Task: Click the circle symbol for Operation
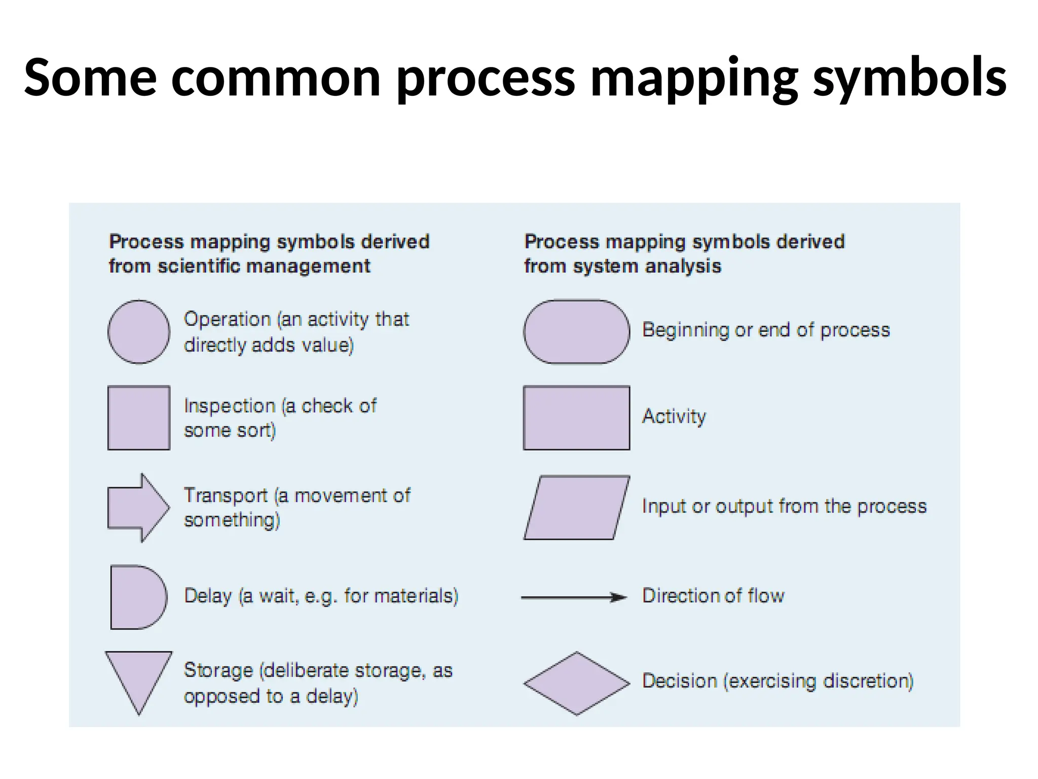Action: (139, 332)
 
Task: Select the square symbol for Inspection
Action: (139, 418)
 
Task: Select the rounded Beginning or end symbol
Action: (576, 332)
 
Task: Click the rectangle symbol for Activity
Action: (576, 418)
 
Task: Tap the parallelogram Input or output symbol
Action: (576, 508)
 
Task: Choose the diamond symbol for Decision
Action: (576, 683)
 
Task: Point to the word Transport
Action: (226, 495)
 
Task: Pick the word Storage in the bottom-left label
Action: (218, 670)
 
